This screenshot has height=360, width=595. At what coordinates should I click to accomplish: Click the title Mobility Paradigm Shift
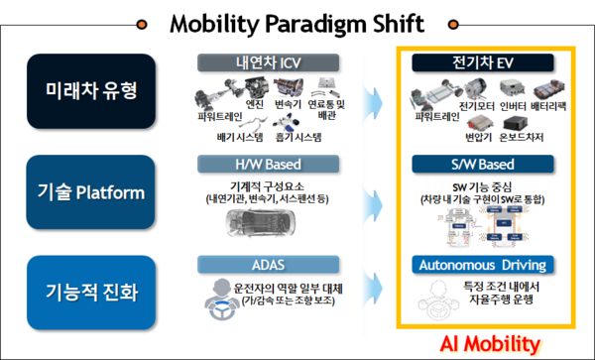coord(297,22)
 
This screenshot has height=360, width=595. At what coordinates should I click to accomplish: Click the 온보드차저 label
coord(522,136)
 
